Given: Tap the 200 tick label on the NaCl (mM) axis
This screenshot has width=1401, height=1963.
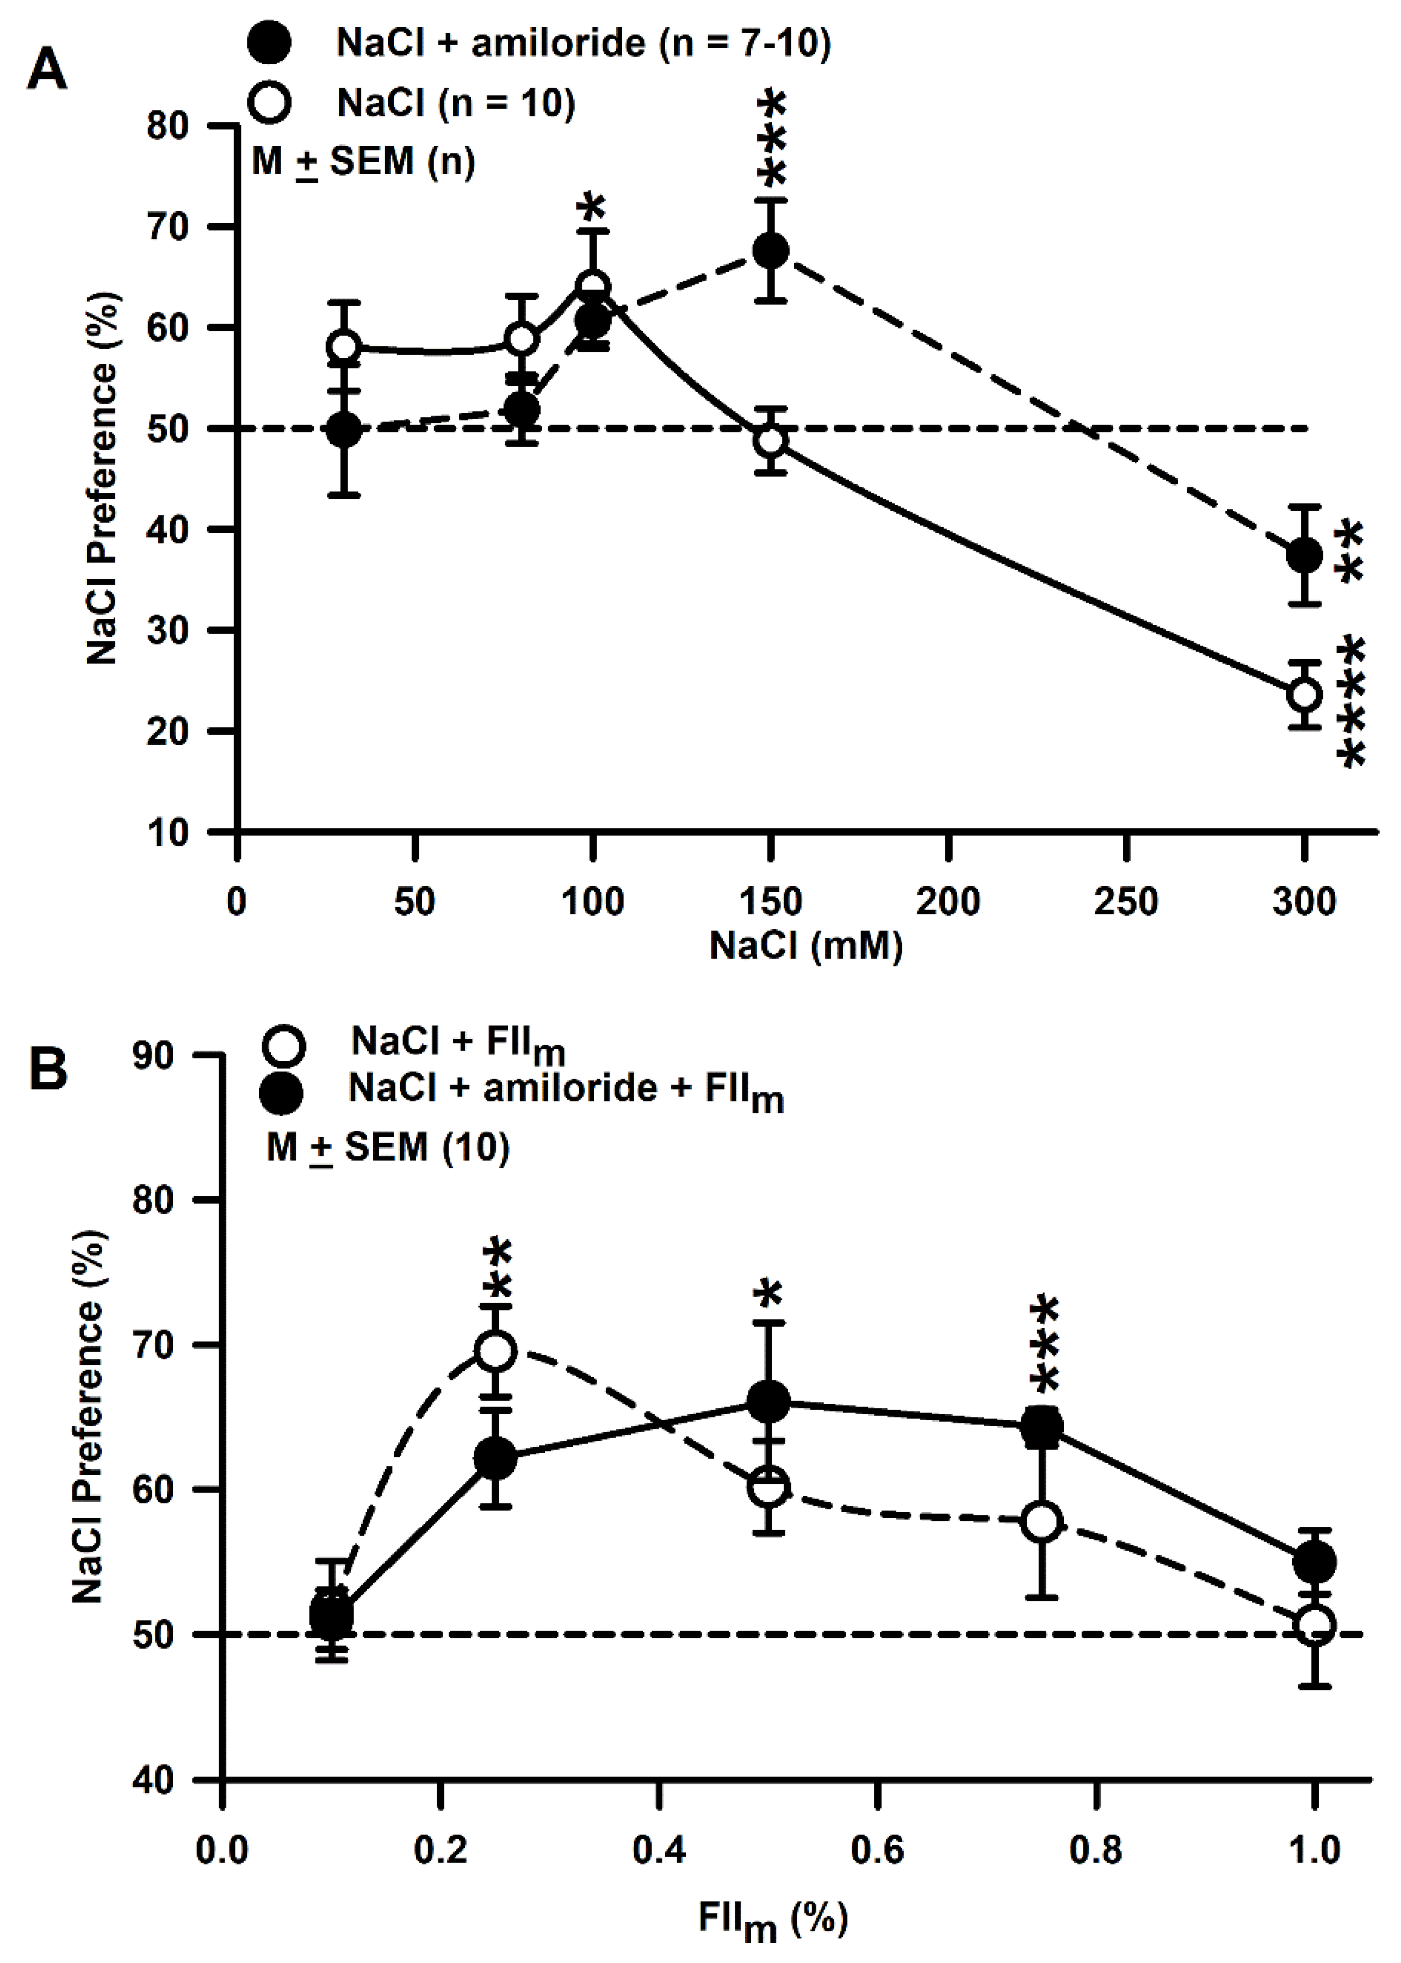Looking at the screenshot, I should pyautogui.click(x=947, y=902).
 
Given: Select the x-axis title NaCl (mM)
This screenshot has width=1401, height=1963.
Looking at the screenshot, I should pyautogui.click(x=806, y=946).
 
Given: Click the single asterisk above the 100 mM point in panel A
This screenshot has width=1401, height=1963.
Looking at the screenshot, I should pyautogui.click(x=592, y=207).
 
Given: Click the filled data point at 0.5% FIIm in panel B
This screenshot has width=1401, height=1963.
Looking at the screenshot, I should pyautogui.click(x=768, y=1403).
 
